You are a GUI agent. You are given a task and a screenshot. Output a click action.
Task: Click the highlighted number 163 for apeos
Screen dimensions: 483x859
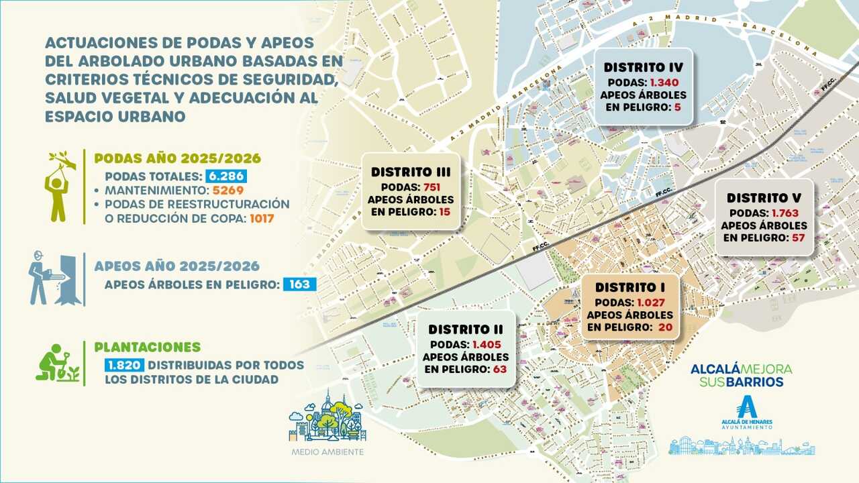299,284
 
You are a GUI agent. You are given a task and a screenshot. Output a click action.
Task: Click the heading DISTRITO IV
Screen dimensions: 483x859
643,68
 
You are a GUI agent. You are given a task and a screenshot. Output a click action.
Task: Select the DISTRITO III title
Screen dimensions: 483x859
411,172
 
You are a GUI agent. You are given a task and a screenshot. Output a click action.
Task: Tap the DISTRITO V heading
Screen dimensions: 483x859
764,198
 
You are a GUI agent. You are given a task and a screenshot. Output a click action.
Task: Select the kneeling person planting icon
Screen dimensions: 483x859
56,363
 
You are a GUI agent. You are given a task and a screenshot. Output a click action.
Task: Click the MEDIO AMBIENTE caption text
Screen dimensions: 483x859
327,451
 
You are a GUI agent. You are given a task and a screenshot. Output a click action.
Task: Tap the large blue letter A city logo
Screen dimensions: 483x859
746,407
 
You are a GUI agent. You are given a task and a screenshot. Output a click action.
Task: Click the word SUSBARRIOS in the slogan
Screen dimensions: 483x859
741,382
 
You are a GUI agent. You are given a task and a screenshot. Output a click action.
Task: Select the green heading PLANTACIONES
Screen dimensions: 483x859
147,347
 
